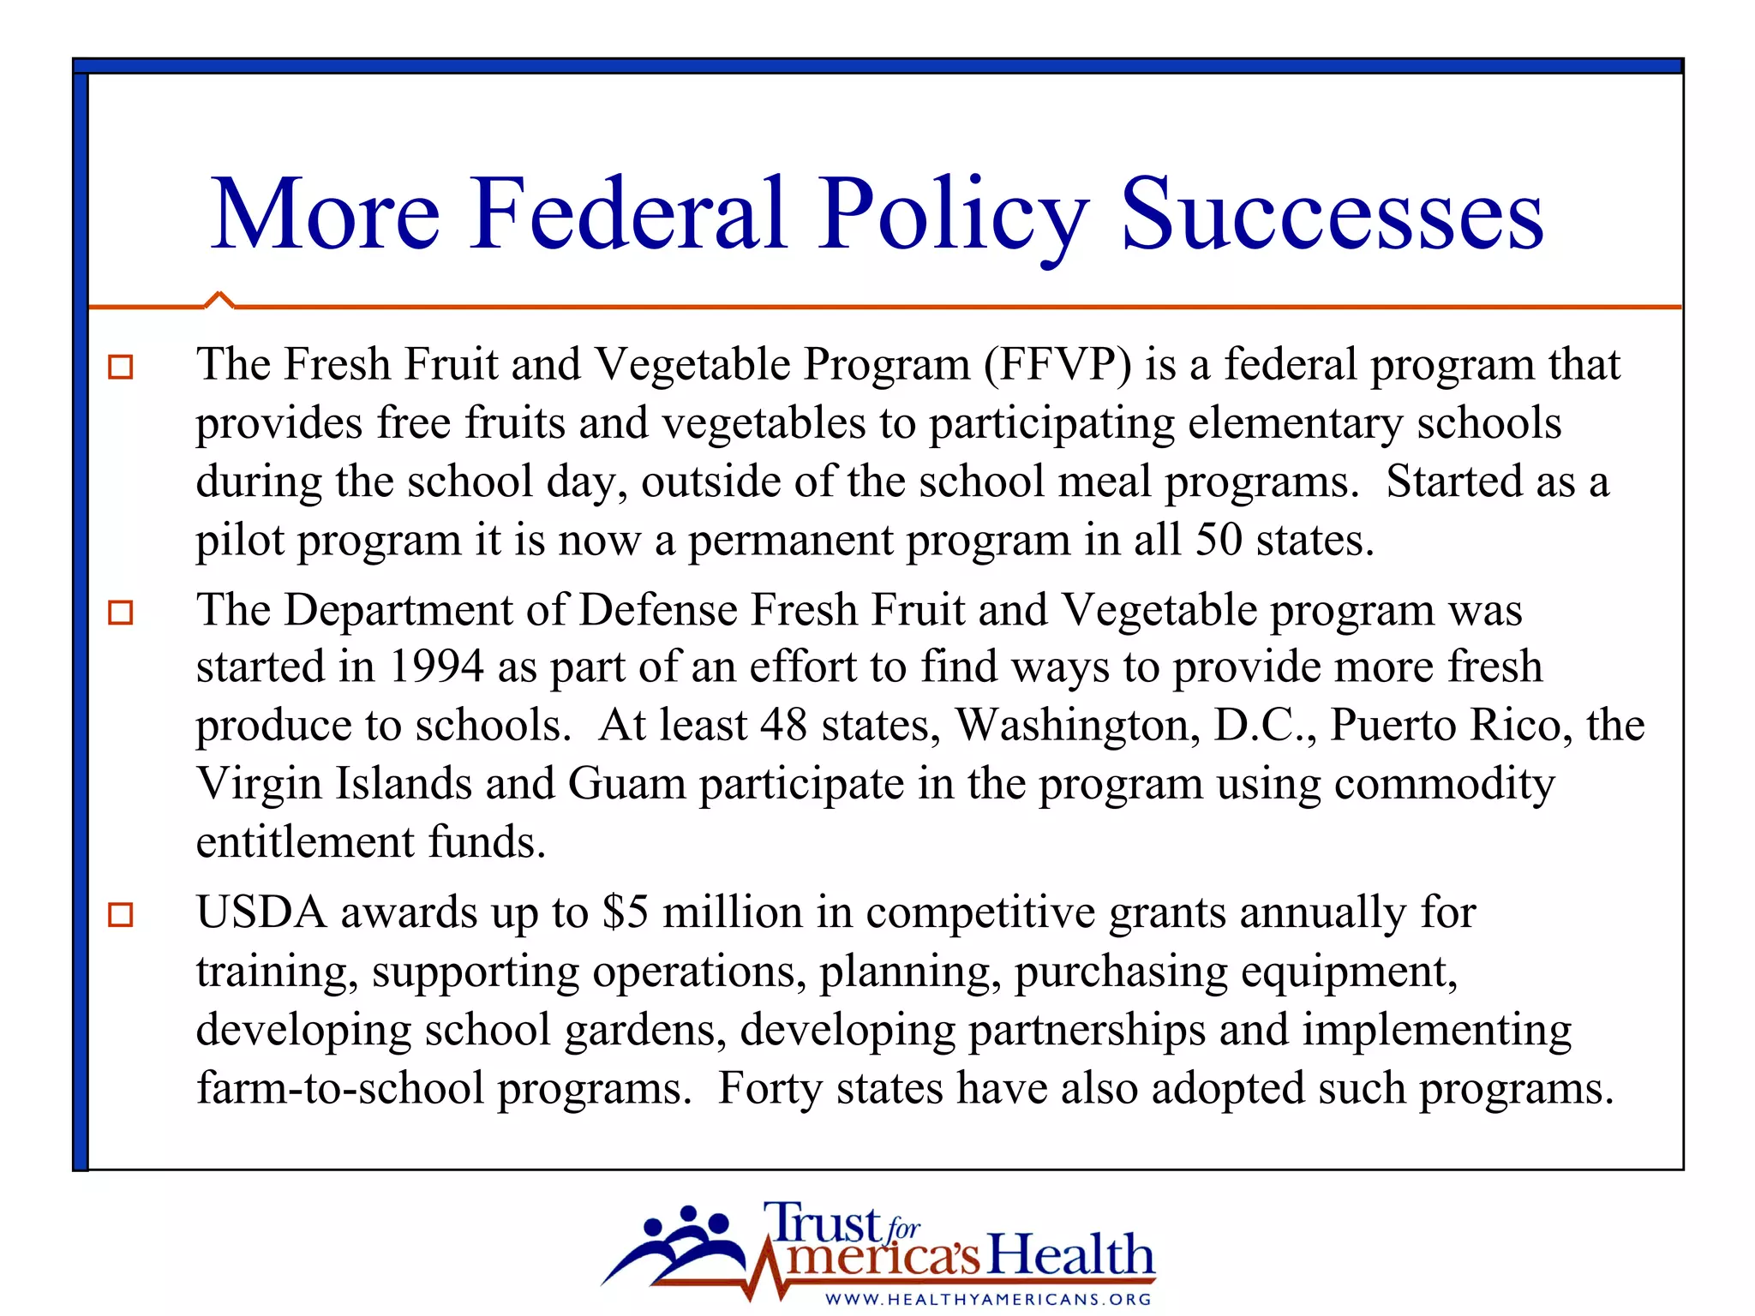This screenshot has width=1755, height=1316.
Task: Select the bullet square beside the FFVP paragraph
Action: pyautogui.click(x=121, y=368)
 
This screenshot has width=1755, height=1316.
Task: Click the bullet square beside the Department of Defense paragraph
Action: pyautogui.click(x=121, y=613)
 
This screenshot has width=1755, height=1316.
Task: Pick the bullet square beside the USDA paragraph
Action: pyautogui.click(x=121, y=915)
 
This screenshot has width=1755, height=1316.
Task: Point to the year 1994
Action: pyautogui.click(x=435, y=667)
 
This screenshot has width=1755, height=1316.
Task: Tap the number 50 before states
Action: pyautogui.click(x=1219, y=540)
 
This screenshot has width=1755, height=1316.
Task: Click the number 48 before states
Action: pyautogui.click(x=783, y=725)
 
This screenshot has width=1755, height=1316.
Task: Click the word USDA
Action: pyautogui.click(x=261, y=912)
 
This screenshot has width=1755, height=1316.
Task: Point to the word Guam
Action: pyautogui.click(x=626, y=783)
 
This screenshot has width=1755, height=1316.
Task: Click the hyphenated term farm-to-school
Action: pyautogui.click(x=340, y=1088)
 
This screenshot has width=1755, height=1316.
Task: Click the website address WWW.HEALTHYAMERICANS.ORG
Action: pyautogui.click(x=988, y=1299)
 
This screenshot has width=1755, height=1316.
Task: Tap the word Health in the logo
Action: pyautogui.click(x=1071, y=1255)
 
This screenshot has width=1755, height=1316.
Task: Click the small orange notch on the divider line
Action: pyautogui.click(x=219, y=299)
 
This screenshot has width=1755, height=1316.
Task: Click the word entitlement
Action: pyautogui.click(x=305, y=842)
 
